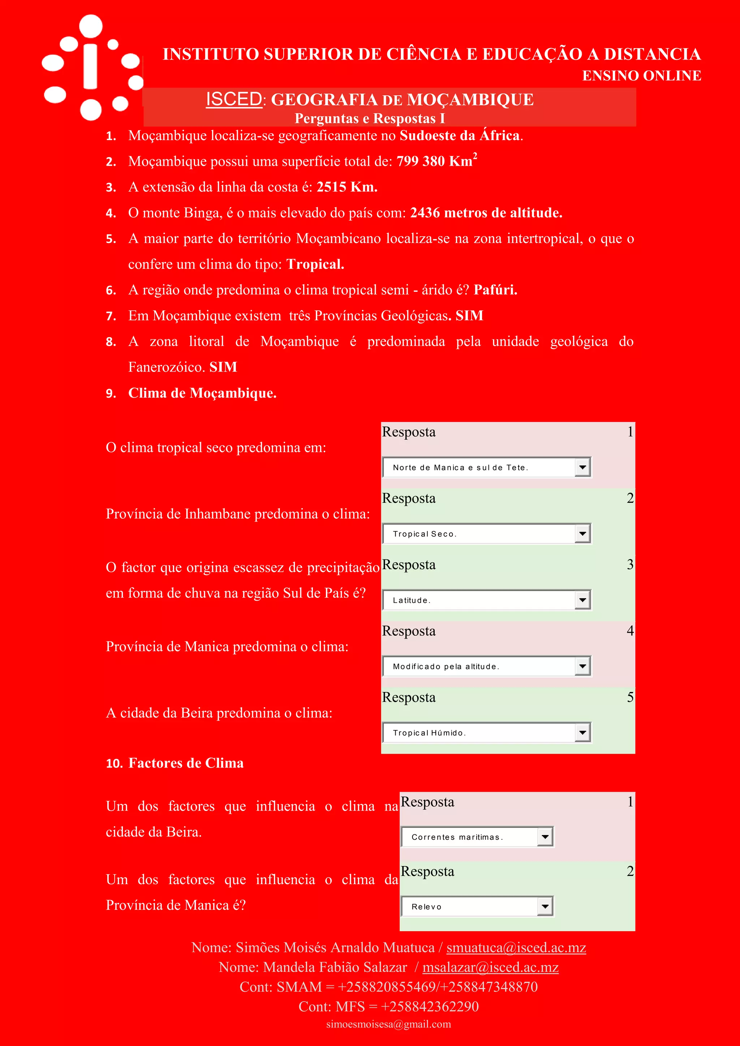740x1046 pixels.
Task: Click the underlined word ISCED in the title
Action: point(234,99)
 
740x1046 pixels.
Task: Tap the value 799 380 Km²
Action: point(436,161)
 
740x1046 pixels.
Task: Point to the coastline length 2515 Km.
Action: point(347,187)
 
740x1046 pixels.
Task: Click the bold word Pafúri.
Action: point(495,290)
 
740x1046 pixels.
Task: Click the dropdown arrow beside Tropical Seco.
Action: point(582,533)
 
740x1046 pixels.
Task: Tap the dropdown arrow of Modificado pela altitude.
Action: point(582,666)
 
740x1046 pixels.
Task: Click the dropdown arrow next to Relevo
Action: point(545,907)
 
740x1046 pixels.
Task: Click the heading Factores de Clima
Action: point(186,763)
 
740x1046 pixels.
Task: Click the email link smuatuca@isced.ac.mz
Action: point(516,948)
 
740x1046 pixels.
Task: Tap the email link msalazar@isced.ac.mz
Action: point(490,967)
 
